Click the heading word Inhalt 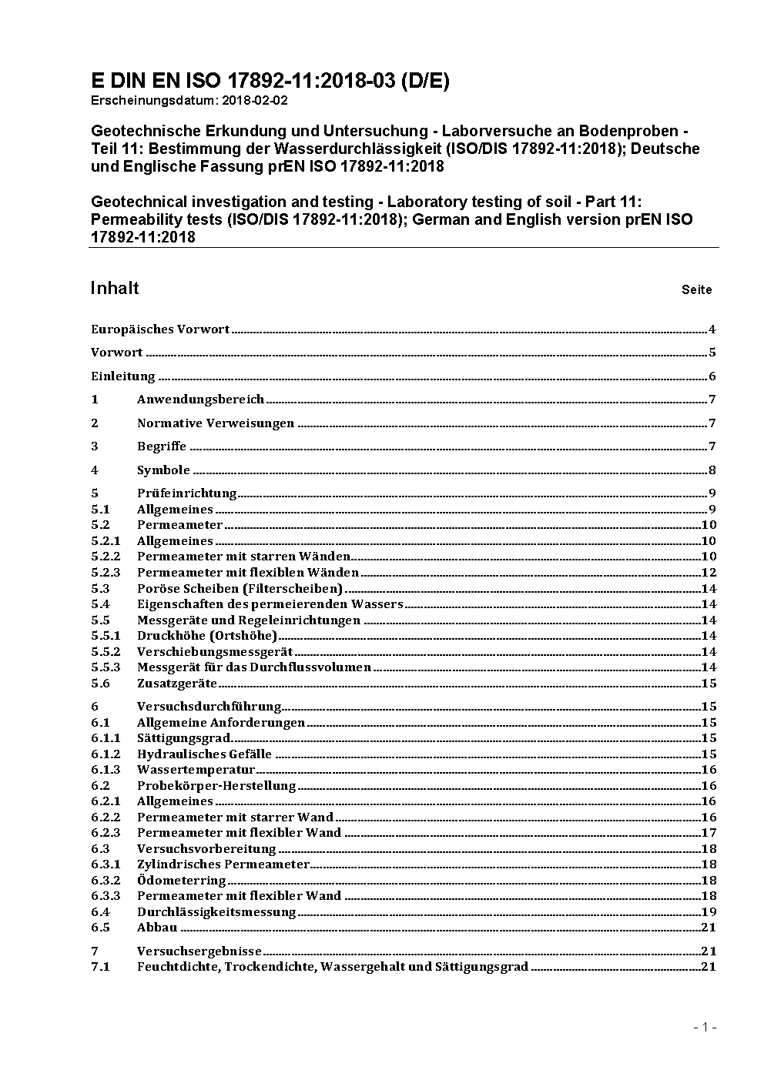pos(115,288)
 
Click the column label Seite pos(696,290)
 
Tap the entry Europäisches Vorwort pos(160,329)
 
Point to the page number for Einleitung pos(712,376)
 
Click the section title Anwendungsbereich pos(200,400)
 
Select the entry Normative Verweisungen pos(216,423)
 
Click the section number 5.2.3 pos(106,573)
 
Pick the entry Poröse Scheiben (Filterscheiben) pos(240,588)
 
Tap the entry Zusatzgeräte pos(176,684)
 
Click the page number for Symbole pos(712,470)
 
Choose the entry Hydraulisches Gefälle pos(204,754)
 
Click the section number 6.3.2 pos(106,880)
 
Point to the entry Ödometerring pos(181,880)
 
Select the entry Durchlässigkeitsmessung pos(216,912)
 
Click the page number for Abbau pos(709,928)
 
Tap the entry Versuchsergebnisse pos(199,951)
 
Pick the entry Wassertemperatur pos(196,770)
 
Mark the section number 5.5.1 pos(106,636)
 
